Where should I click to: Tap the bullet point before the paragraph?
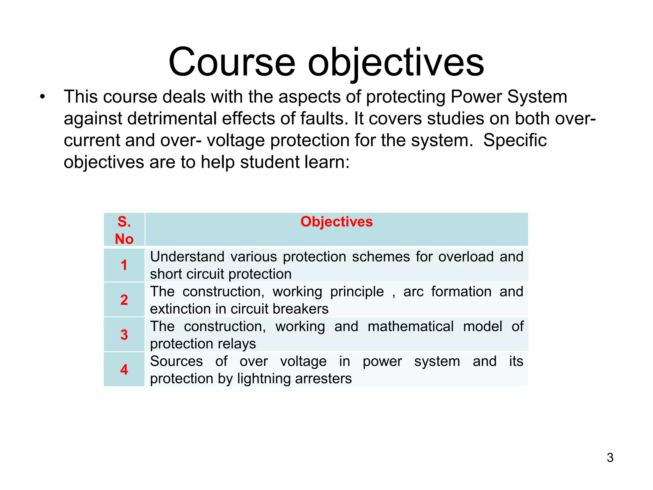[43, 97]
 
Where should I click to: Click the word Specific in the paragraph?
[515, 140]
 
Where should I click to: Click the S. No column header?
[124, 230]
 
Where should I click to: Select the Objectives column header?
[336, 222]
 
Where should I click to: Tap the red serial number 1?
[124, 265]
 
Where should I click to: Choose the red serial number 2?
[124, 300]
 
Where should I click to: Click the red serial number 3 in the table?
[124, 335]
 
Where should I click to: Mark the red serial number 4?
[124, 370]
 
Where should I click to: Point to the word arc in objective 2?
[413, 292]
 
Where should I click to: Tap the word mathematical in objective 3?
[410, 327]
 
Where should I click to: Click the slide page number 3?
[610, 458]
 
